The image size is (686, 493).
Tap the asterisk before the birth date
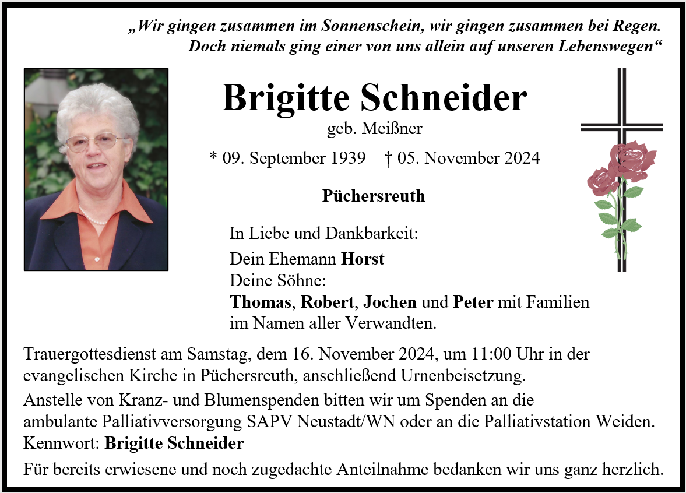[213, 157]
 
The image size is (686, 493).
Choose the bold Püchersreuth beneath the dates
[374, 196]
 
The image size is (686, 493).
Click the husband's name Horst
[363, 259]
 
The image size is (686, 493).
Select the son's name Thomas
[260, 302]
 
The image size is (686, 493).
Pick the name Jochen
[390, 302]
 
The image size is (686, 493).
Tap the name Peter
[473, 302]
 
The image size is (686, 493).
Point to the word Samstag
[216, 354]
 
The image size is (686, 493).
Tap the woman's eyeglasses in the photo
[93, 142]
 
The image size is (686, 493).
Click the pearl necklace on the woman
[93, 218]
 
